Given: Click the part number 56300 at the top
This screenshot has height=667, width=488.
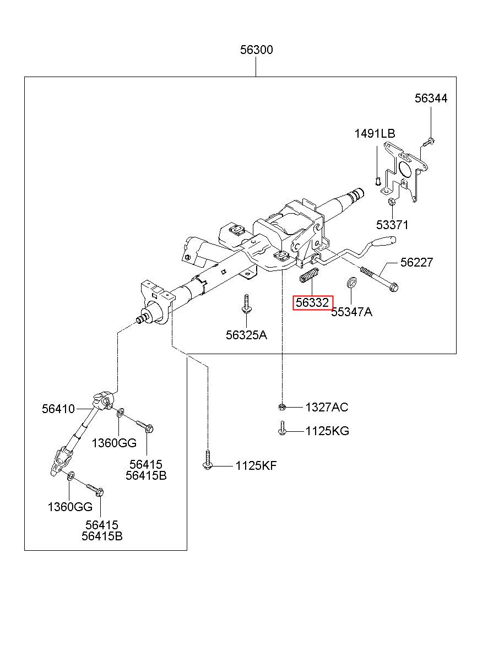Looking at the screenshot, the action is pyautogui.click(x=256, y=50).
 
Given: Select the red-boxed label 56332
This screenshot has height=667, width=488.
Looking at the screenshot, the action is pyautogui.click(x=313, y=303).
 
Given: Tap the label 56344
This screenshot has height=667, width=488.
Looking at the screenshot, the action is pyautogui.click(x=431, y=98).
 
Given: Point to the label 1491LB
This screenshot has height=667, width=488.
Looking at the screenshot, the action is pyautogui.click(x=375, y=134).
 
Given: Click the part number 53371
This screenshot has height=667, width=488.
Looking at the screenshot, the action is pyautogui.click(x=392, y=225).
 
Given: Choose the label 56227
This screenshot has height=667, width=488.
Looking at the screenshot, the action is pyautogui.click(x=416, y=262).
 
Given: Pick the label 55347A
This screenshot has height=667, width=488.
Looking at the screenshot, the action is pyautogui.click(x=351, y=312).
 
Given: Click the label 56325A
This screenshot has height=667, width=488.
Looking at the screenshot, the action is pyautogui.click(x=246, y=335).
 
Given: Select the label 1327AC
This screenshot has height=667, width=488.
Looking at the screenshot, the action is pyautogui.click(x=327, y=407).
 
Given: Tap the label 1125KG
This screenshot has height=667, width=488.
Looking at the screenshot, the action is pyautogui.click(x=327, y=431).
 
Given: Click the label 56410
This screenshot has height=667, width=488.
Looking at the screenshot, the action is pyautogui.click(x=58, y=409).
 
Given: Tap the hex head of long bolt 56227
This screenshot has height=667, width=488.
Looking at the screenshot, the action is pyautogui.click(x=394, y=288).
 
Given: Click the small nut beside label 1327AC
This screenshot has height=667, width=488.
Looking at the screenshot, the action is pyautogui.click(x=282, y=406).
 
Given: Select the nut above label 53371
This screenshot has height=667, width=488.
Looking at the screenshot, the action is pyautogui.click(x=392, y=201).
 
